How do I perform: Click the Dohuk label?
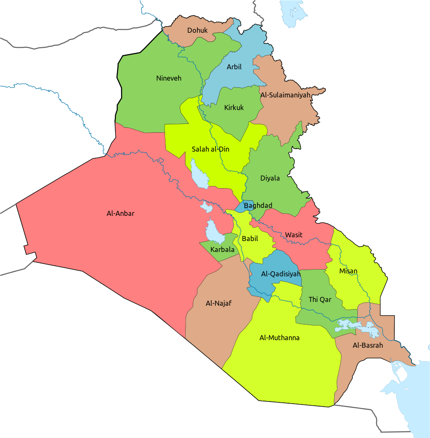point(197,30)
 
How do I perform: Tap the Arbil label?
point(234,67)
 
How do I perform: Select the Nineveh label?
point(168,78)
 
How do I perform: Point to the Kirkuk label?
point(234,108)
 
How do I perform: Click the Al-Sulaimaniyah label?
point(285,95)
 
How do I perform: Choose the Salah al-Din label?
point(210,149)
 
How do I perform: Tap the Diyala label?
point(270,178)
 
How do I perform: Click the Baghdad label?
point(258,205)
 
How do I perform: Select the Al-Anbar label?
point(121,213)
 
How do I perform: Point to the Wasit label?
point(294,235)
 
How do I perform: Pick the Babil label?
point(250,239)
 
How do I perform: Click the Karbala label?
point(223,249)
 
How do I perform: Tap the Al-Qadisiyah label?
point(281,274)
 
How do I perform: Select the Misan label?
point(348,271)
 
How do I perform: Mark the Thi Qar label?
point(320,299)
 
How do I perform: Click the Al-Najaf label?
point(219,303)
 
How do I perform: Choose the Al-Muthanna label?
point(279,338)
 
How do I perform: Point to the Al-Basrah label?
point(368,345)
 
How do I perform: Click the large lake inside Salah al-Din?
point(199,174)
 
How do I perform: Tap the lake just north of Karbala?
point(214,232)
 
